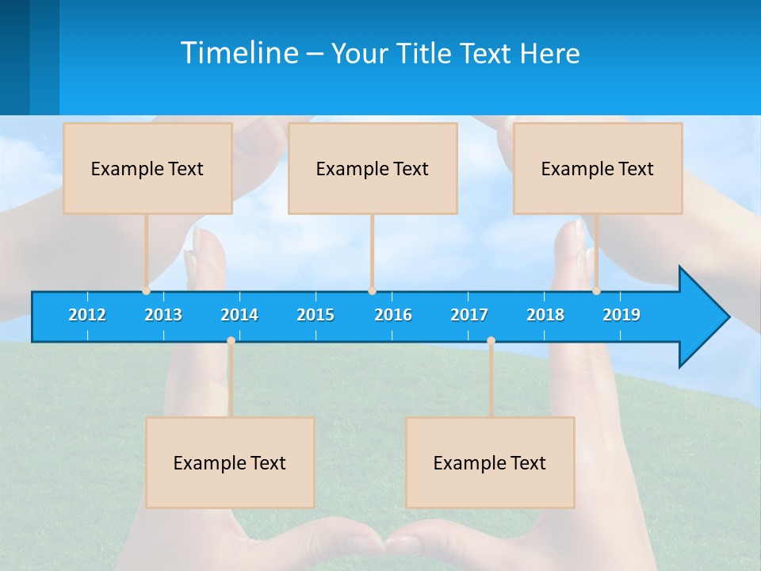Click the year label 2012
[x=87, y=315]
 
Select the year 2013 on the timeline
[x=163, y=315]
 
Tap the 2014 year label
[x=239, y=315]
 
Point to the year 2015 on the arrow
[x=315, y=315]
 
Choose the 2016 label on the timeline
[x=393, y=315]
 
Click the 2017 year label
[x=469, y=315]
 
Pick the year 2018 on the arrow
[x=545, y=315]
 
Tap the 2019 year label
[x=621, y=315]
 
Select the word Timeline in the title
[x=239, y=53]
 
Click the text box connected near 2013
[x=147, y=168]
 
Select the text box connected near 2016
[x=373, y=168]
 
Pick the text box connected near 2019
[x=598, y=168]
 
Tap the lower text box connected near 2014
[x=230, y=462]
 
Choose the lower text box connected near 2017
[x=490, y=462]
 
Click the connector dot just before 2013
[x=146, y=291]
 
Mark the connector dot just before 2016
[x=372, y=291]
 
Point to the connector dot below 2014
[x=231, y=341]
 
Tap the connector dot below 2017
[x=491, y=341]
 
